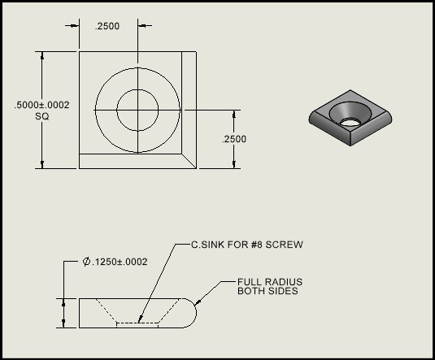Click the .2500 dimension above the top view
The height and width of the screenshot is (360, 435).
107,26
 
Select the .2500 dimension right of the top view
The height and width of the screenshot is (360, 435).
234,139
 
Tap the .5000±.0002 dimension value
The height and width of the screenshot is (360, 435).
41,104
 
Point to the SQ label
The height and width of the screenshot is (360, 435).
42,116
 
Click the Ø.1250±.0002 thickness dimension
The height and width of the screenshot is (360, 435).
115,262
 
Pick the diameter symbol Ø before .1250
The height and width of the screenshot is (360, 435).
86,262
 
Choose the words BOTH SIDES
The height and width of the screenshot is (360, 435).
268,291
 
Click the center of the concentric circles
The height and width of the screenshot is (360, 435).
138,110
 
